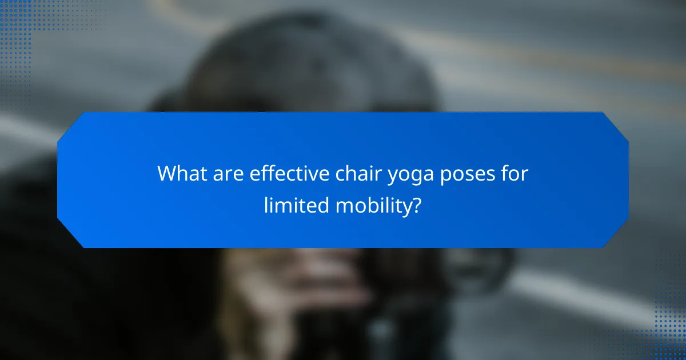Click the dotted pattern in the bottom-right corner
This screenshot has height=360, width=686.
click(669, 320)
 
